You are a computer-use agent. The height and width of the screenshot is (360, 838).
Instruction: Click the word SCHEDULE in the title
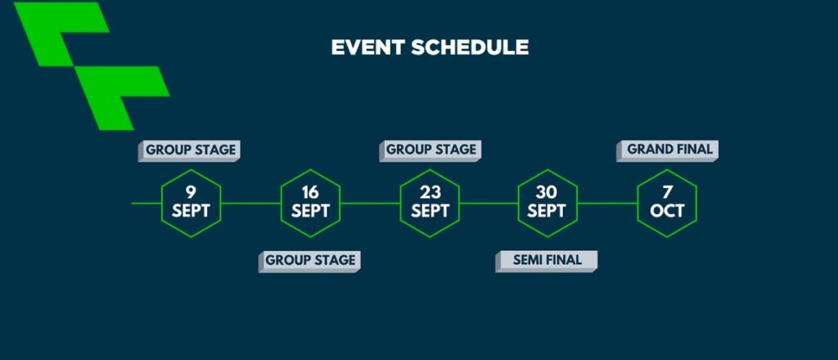point(470,47)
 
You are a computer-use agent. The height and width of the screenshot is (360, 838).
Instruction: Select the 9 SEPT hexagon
point(191,203)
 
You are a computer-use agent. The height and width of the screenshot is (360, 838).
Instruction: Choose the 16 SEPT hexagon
point(310,203)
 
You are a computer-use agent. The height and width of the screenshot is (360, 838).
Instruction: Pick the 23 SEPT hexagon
point(430,203)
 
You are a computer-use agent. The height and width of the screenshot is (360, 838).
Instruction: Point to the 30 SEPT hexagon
point(547,203)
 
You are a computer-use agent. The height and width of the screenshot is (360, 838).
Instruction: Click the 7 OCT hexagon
point(667,203)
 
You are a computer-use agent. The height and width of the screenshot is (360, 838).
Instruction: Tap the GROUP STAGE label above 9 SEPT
point(189,151)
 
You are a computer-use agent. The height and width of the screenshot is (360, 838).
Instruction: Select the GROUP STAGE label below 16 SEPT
point(309,261)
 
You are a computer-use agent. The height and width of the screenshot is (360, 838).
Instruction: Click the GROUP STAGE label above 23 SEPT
point(430,151)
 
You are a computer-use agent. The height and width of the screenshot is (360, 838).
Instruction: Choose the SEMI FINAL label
point(547,261)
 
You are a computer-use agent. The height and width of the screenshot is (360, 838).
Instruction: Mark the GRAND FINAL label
point(668,151)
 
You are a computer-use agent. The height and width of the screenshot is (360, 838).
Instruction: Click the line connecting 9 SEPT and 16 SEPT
point(250,203)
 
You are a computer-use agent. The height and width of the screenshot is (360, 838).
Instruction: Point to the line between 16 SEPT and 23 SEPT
point(370,203)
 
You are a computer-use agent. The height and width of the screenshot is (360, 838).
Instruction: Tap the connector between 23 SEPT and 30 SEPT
point(489,203)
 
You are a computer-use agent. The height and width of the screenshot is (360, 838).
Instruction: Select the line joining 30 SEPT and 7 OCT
point(607,203)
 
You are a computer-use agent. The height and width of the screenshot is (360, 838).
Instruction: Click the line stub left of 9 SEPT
point(146,203)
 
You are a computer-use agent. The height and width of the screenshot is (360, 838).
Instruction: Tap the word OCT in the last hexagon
point(667,212)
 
